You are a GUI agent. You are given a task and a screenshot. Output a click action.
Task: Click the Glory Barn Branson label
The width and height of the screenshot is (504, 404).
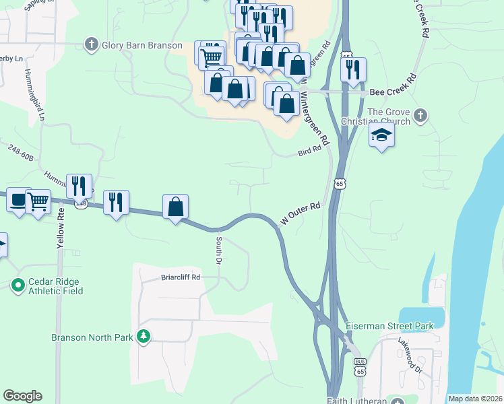pos(141,45)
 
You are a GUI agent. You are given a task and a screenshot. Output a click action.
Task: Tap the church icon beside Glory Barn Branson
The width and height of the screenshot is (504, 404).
pos(92,44)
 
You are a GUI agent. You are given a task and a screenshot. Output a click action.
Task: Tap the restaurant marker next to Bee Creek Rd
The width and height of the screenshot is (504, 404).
pos(353,69)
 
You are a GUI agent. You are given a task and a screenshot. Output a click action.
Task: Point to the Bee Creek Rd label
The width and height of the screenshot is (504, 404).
pos(394,92)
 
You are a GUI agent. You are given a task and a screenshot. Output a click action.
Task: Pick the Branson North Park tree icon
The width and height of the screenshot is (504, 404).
pos(143,336)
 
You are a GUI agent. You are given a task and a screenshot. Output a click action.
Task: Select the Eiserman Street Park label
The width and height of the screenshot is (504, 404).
pos(389,326)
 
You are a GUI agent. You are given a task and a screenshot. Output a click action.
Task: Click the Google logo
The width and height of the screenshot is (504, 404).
pos(22,396)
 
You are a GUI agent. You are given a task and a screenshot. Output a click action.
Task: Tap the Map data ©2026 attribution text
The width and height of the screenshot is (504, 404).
pos(475,399)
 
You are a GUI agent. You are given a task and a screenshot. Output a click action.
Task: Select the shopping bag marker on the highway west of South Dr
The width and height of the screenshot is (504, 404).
pos(175,207)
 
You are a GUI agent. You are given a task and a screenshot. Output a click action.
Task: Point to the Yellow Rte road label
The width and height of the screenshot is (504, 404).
pos(60,228)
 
